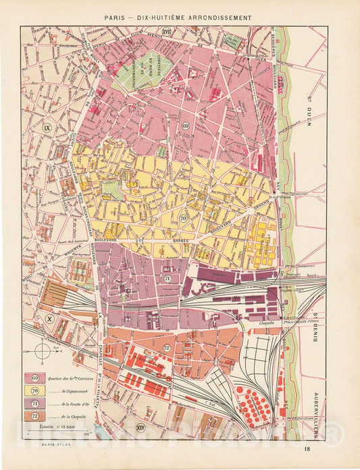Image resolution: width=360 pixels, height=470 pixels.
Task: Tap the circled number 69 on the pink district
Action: pyautogui.click(x=185, y=126)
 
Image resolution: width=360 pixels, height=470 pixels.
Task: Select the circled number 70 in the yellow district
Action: pyautogui.click(x=183, y=218)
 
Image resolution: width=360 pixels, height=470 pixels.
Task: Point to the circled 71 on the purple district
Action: pyautogui.click(x=167, y=278)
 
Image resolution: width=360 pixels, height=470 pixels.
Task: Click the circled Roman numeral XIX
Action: pyautogui.click(x=140, y=427)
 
